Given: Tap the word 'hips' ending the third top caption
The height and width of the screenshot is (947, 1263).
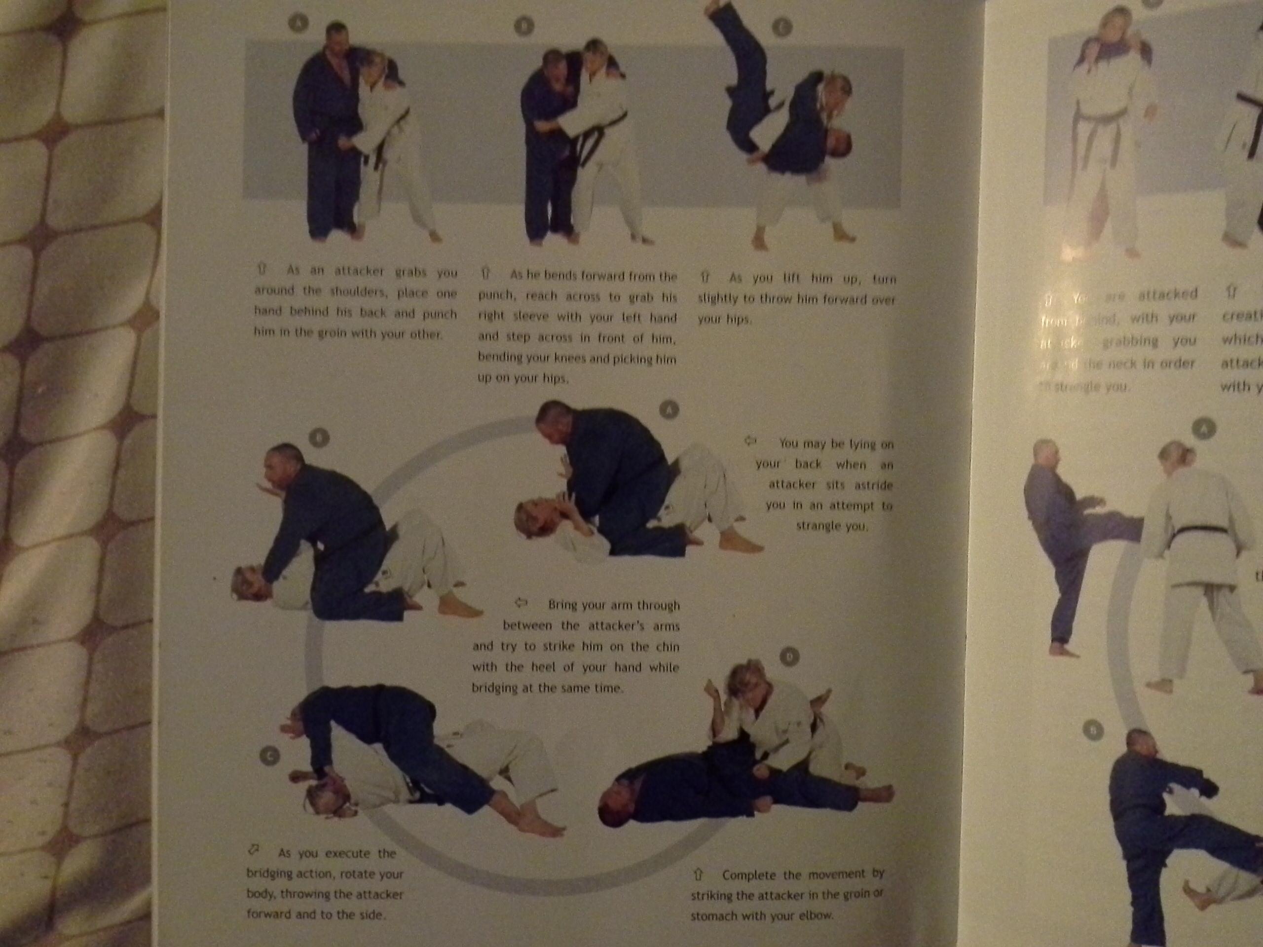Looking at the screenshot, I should pyautogui.click(x=738, y=320).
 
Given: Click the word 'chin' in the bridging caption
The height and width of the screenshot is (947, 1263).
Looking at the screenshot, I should pyautogui.click(x=667, y=647).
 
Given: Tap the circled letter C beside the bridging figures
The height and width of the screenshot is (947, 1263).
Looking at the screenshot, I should pyautogui.click(x=269, y=756).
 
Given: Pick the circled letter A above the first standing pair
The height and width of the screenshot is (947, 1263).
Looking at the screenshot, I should pyautogui.click(x=298, y=23).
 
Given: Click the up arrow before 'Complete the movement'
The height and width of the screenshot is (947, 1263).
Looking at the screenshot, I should pyautogui.click(x=698, y=874).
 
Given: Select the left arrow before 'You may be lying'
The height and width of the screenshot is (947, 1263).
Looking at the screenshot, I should pyautogui.click(x=750, y=440).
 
